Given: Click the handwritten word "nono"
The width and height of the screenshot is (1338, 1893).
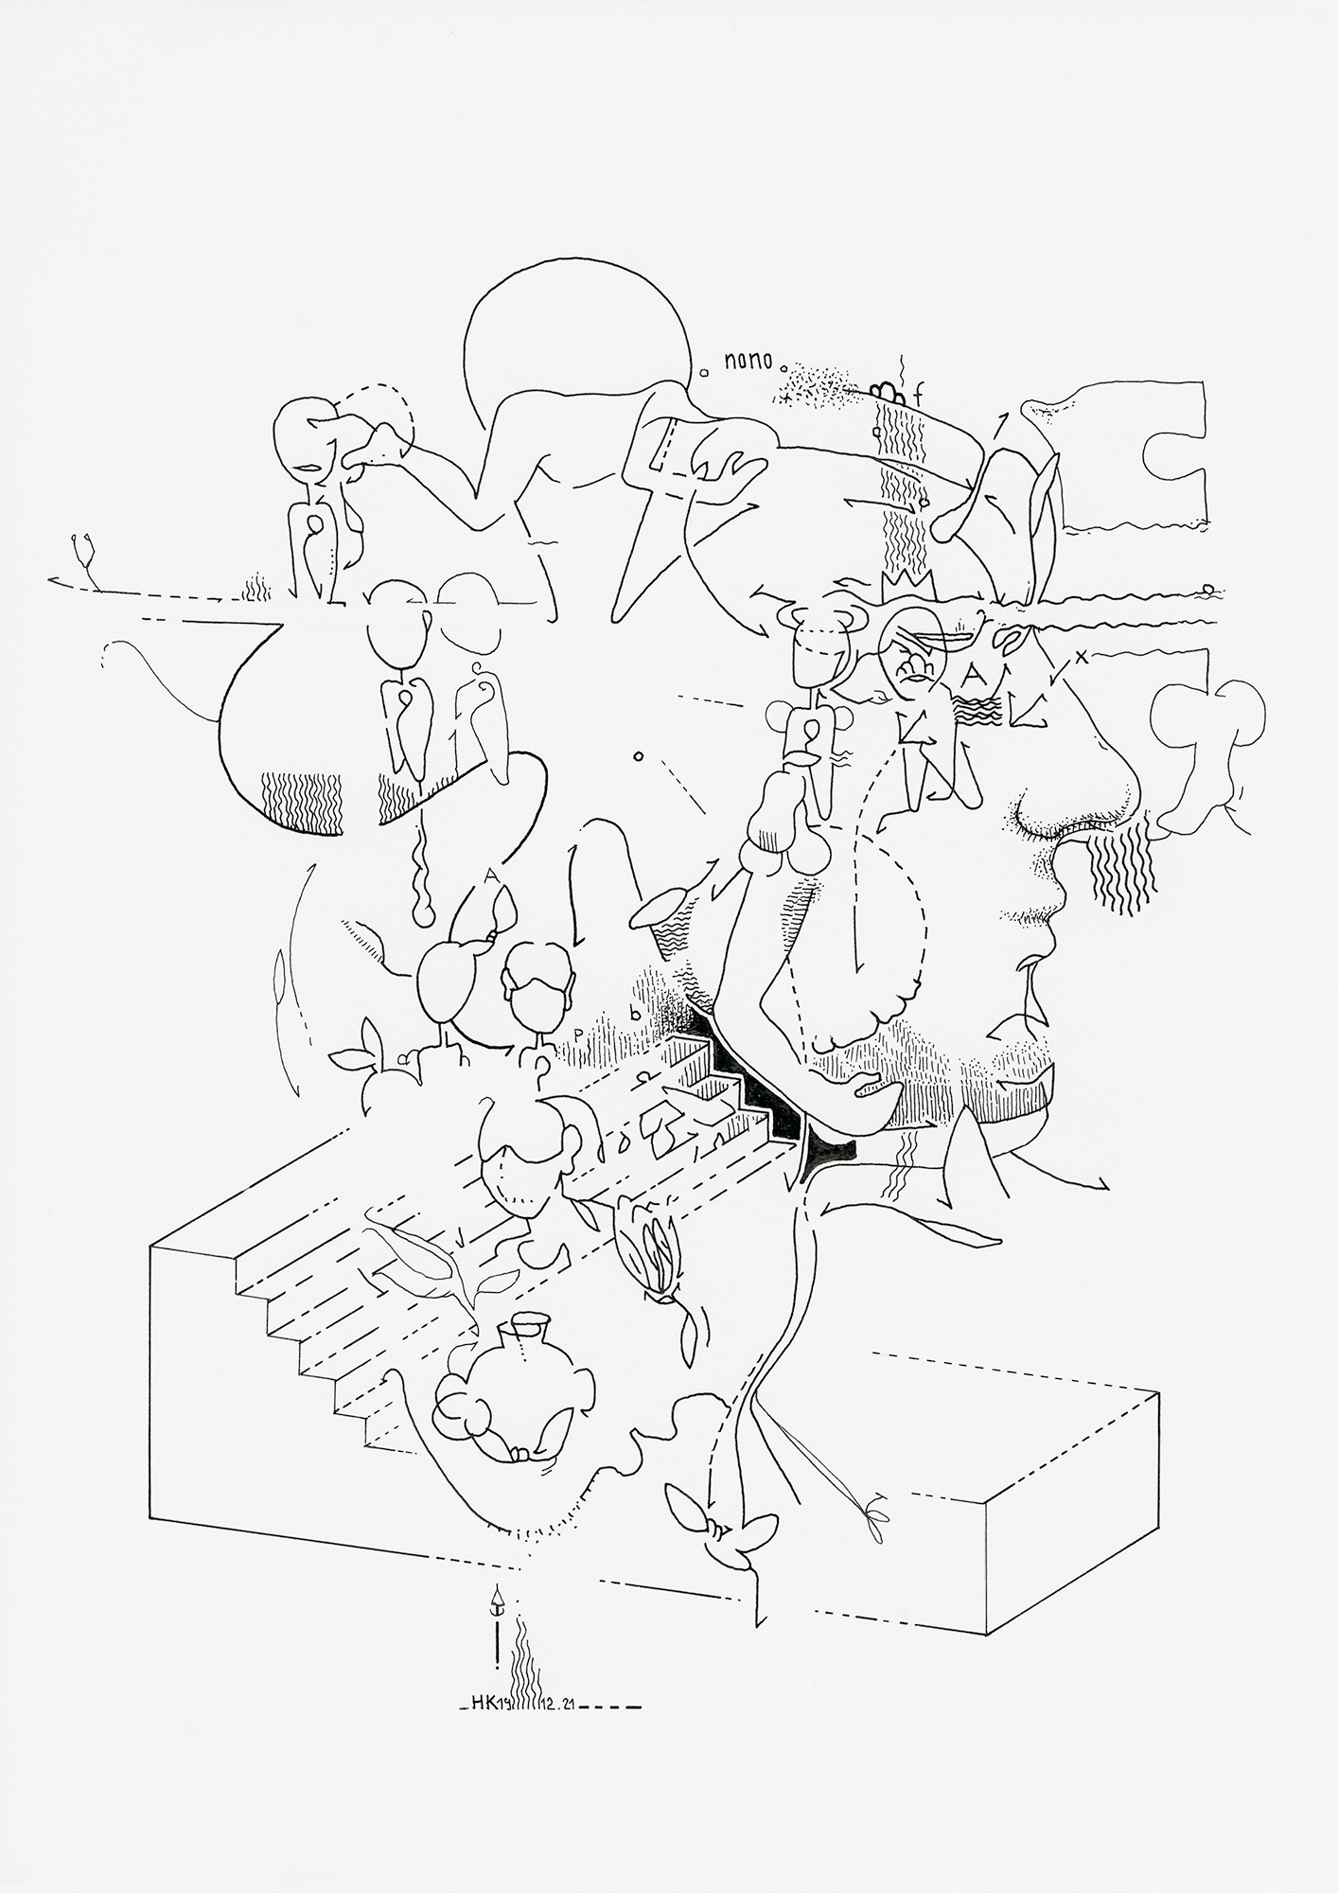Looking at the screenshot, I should [748, 360].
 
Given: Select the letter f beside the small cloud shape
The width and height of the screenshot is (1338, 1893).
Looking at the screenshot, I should [917, 394].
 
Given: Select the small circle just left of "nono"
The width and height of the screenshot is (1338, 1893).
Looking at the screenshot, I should [703, 373].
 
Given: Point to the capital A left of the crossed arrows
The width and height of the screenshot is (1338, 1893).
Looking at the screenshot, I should [974, 674].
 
